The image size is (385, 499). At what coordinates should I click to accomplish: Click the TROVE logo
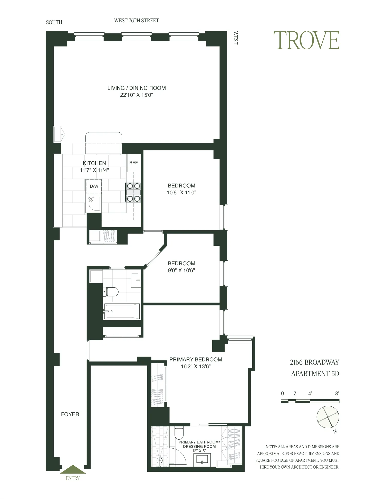tap(306, 40)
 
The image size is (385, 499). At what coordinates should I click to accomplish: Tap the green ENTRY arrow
tap(73, 469)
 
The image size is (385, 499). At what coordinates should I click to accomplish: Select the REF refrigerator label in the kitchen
tap(133, 162)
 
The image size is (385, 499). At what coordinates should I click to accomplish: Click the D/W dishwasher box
tap(94, 186)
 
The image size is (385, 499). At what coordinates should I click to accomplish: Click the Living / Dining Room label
tap(137, 88)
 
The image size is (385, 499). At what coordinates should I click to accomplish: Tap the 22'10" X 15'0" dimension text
tap(137, 95)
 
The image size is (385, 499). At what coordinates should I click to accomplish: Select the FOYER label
tap(70, 414)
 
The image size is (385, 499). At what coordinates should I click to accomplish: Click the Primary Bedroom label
tap(196, 359)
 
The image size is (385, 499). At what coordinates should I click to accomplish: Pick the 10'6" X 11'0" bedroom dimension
tap(181, 193)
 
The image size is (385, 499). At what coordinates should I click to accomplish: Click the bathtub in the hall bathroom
tap(122, 311)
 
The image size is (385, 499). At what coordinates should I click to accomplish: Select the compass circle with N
tap(328, 417)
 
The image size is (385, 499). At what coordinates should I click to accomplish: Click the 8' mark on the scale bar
tap(337, 394)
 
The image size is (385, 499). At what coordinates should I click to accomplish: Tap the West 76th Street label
tap(137, 21)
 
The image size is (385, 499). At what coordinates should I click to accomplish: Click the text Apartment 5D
tap(315, 374)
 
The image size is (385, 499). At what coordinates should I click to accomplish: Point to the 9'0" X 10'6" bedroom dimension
tap(181, 270)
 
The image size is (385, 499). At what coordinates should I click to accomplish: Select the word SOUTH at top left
tap(54, 22)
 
